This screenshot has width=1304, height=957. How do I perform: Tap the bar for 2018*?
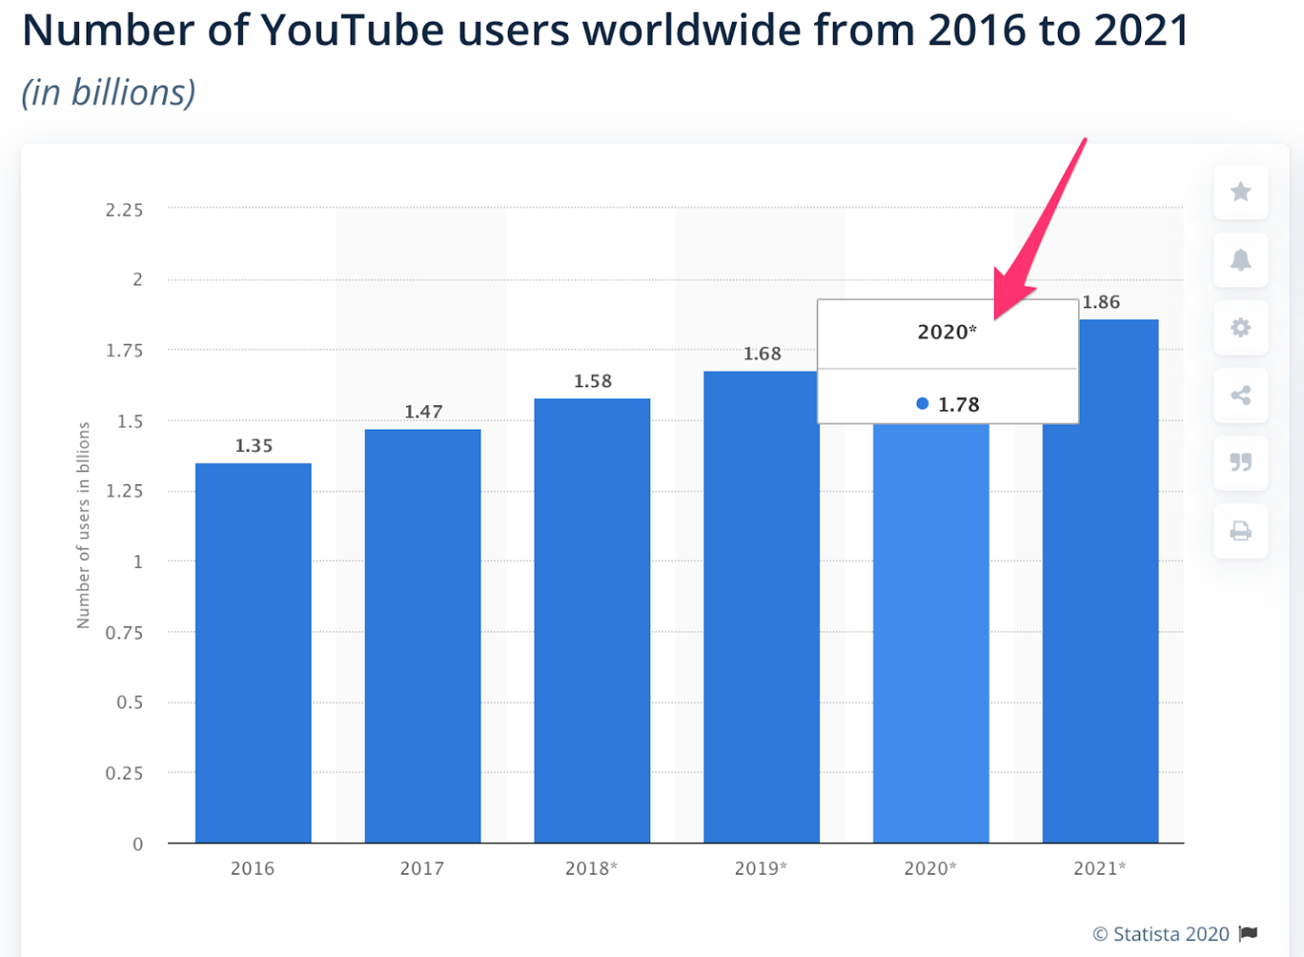coord(592,620)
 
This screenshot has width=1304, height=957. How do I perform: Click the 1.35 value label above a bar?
coord(254,446)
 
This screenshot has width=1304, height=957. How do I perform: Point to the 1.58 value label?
coord(593,381)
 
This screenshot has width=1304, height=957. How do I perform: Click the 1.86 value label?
coord(1101,302)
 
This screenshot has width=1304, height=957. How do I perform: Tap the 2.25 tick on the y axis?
coord(124,210)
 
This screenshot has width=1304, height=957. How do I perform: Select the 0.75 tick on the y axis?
coord(124,633)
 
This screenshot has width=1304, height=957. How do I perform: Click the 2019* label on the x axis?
coord(761,868)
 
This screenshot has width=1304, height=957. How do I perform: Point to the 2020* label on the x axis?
coord(930,868)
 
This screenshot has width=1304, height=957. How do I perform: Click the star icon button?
coord(1240,192)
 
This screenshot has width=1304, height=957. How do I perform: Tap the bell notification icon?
coord(1240,260)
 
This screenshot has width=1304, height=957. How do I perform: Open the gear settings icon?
coord(1240,328)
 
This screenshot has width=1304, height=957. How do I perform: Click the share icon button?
coord(1240,395)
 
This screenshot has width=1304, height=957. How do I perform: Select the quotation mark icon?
coord(1240,463)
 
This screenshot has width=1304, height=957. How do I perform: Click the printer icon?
coord(1240,531)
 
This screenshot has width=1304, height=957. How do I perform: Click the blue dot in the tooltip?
coord(922,404)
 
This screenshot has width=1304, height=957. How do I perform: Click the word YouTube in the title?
coord(352,31)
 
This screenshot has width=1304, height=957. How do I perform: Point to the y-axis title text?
coord(83,525)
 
